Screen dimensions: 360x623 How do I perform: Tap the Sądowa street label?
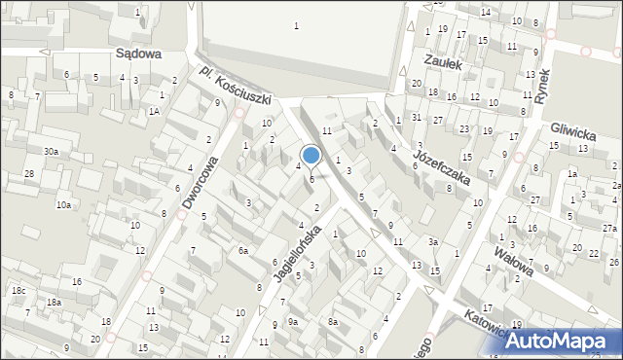(137, 55)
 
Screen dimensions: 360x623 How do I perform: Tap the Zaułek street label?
(440, 60)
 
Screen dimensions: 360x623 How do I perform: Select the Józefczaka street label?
(441, 167)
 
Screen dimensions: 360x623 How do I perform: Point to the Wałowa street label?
(513, 260)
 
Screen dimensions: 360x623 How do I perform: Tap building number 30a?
(51, 152)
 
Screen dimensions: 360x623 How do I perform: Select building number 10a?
(63, 205)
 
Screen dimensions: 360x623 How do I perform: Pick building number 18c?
(18, 291)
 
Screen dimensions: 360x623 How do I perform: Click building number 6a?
(245, 251)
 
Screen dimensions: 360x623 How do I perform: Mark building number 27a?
(609, 229)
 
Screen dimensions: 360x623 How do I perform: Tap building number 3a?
(434, 242)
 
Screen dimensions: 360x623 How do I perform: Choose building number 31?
(416, 118)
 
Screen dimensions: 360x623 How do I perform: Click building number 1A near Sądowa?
(153, 112)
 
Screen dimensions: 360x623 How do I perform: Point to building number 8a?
(332, 321)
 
